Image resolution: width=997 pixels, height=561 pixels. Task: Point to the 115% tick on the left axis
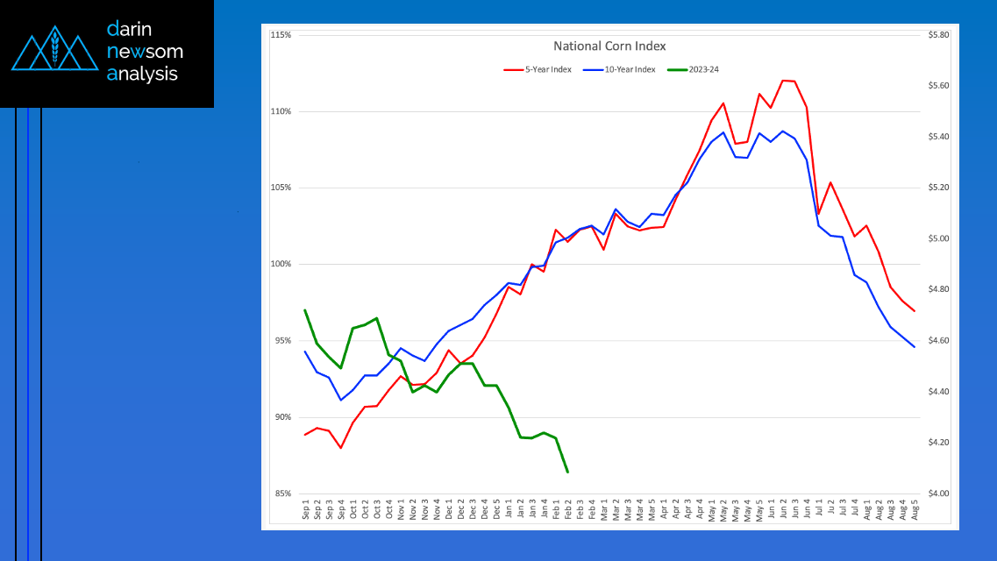pyautogui.click(x=281, y=35)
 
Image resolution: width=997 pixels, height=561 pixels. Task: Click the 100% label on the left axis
pyautogui.click(x=281, y=265)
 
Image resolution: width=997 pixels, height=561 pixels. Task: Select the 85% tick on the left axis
pyautogui.click(x=282, y=494)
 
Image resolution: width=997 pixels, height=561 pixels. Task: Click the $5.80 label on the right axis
pyautogui.click(x=938, y=35)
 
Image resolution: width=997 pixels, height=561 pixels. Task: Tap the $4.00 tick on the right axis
pyautogui.click(x=938, y=494)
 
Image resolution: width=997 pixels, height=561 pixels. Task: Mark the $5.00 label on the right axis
pyautogui.click(x=938, y=238)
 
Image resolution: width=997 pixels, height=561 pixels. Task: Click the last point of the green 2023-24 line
pyautogui.click(x=567, y=472)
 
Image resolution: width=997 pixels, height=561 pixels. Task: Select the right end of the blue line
pyautogui.click(x=915, y=347)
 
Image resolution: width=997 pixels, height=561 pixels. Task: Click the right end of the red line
pyautogui.click(x=915, y=311)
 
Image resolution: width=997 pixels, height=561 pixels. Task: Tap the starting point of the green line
pyautogui.click(x=305, y=309)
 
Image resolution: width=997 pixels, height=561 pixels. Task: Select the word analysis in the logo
pyautogui.click(x=142, y=75)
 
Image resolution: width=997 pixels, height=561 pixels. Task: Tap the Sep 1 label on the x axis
pyautogui.click(x=306, y=511)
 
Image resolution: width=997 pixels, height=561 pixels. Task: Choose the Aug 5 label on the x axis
pyautogui.click(x=915, y=511)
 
